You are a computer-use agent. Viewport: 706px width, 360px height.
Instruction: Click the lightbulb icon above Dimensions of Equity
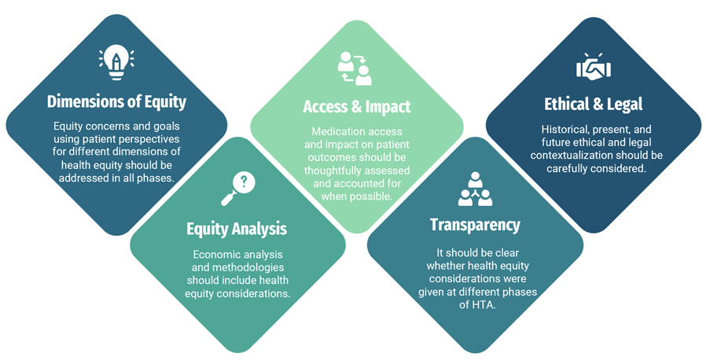116,62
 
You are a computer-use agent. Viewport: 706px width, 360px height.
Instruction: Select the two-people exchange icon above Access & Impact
355,68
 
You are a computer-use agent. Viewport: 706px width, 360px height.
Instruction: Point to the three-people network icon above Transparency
474,189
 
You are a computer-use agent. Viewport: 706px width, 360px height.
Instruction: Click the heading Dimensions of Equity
116,101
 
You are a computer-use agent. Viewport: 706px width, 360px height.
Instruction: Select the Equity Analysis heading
237,229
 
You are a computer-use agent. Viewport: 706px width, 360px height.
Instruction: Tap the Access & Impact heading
357,106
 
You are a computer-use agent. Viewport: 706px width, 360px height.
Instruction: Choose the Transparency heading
475,225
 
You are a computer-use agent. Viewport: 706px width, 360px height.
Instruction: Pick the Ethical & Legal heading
594,104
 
